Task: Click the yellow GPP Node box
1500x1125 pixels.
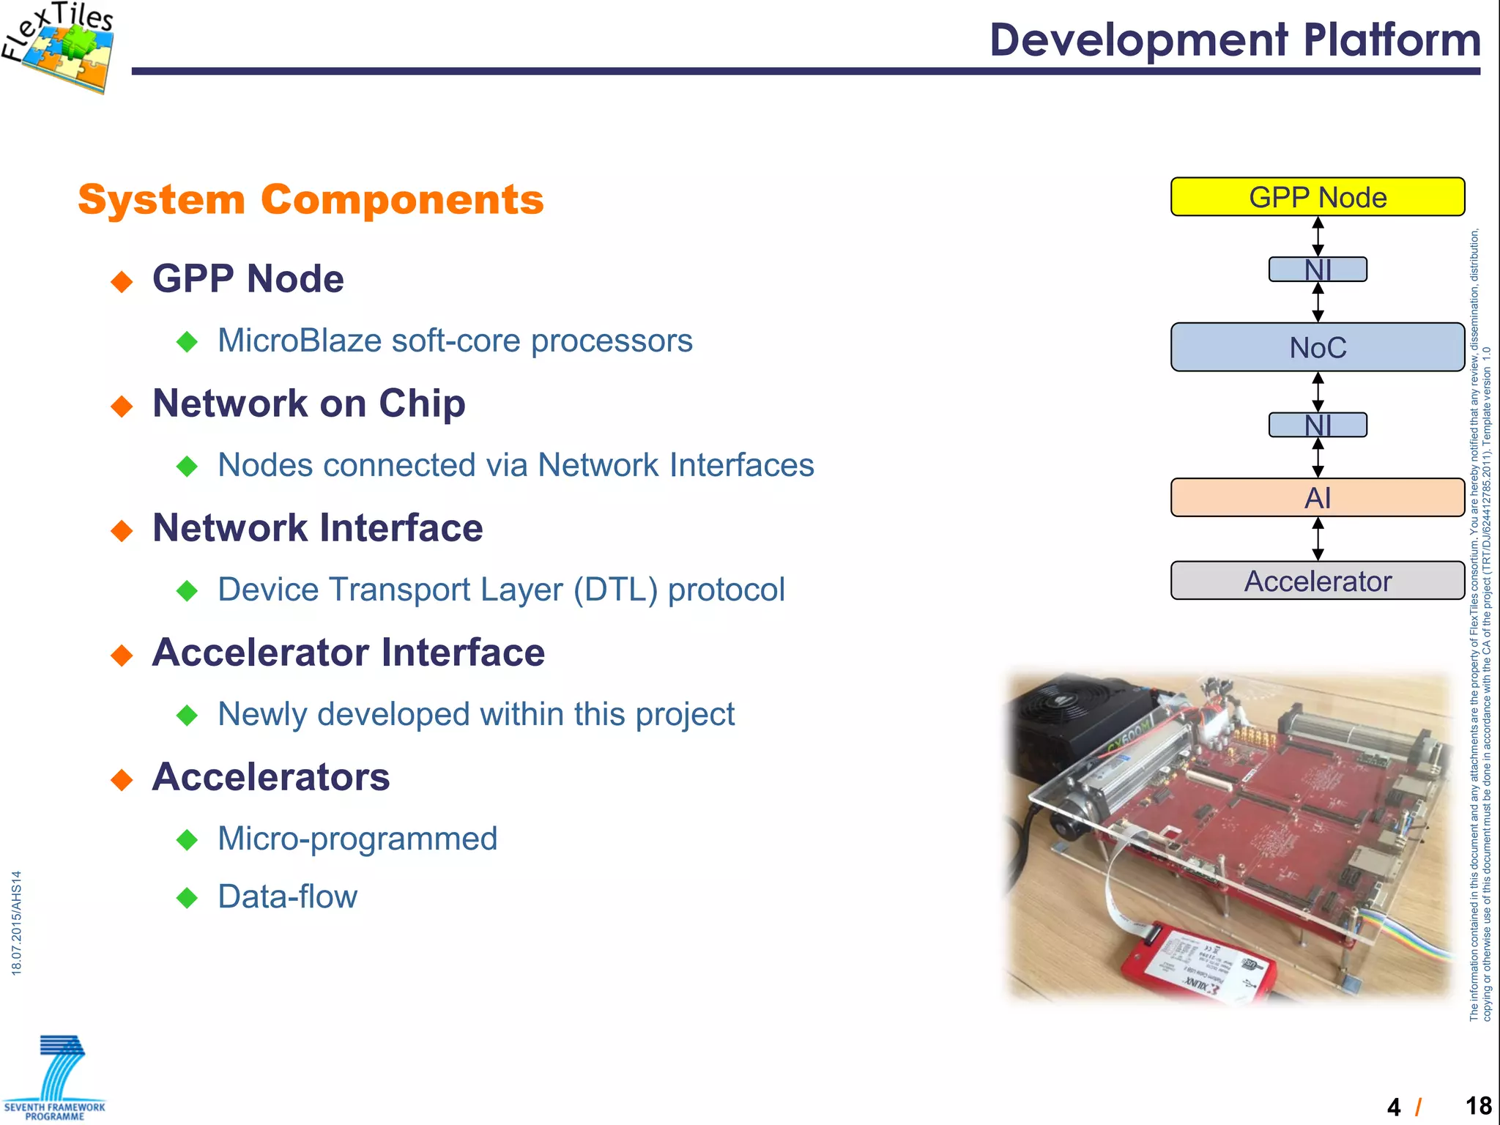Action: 1317,196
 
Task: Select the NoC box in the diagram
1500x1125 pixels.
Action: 1317,347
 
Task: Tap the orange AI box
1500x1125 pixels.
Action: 1317,498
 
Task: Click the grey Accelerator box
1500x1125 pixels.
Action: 1317,581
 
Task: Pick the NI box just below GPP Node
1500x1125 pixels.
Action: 1317,270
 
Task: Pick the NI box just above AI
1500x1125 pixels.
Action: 1317,425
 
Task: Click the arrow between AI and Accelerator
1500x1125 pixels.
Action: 1318,539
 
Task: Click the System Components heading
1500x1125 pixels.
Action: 311,200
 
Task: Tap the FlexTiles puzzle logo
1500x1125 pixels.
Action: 62,48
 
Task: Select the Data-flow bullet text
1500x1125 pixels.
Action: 287,897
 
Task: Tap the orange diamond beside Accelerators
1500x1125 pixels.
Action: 122,779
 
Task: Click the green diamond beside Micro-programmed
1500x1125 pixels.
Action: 187,839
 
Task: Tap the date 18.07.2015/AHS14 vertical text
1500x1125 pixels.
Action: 17,923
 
